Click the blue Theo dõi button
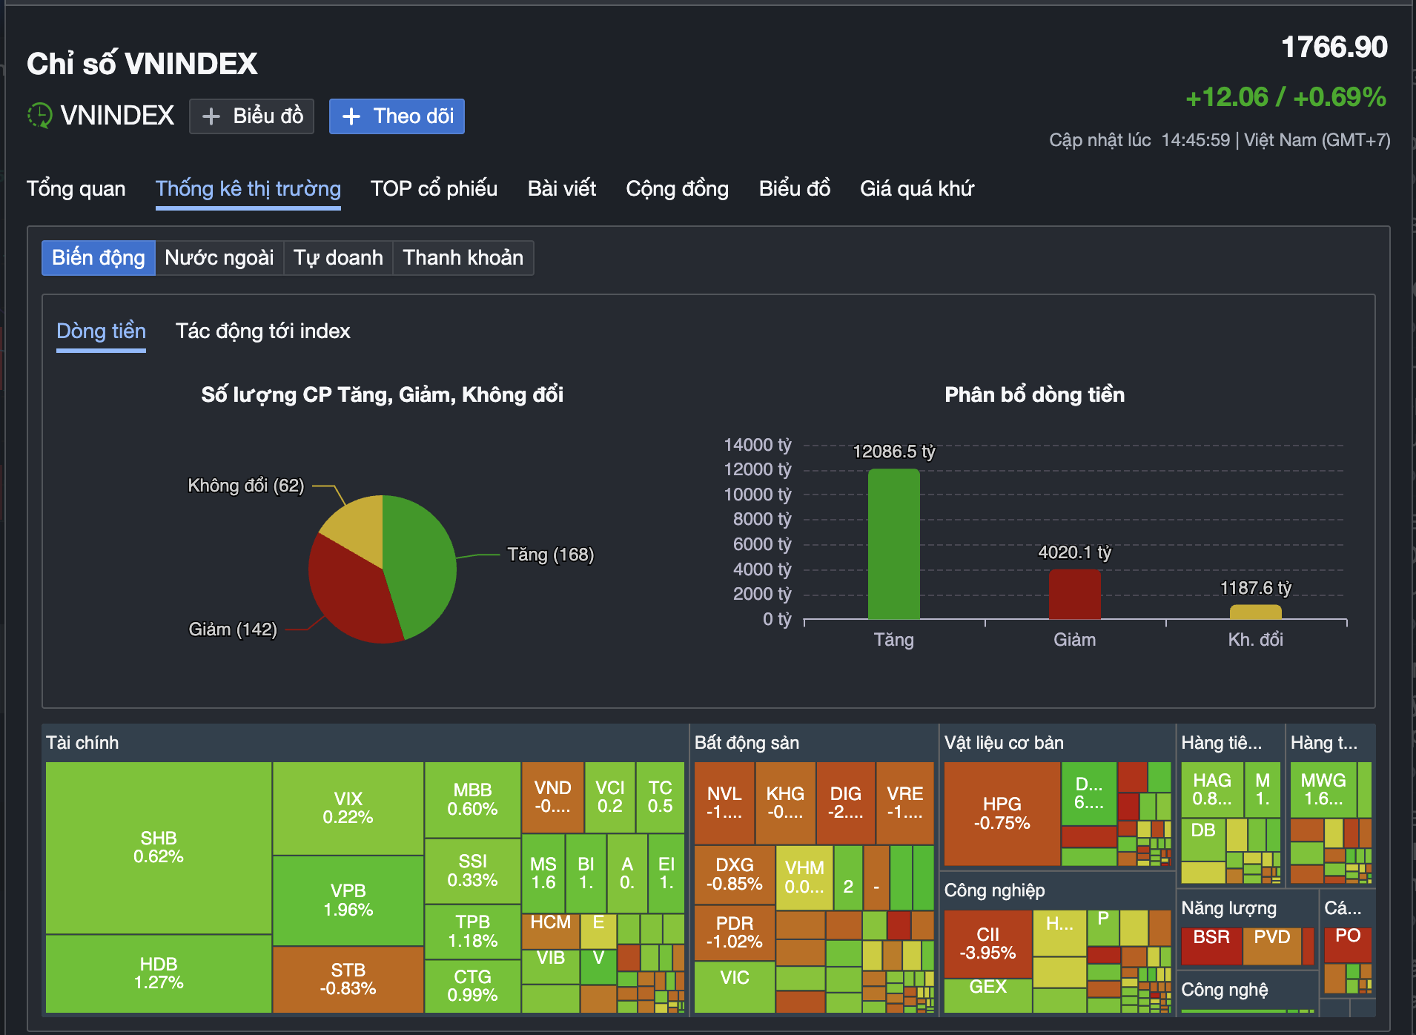[397, 116]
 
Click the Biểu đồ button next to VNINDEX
[251, 116]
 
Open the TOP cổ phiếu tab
[434, 188]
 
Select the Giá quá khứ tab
[916, 188]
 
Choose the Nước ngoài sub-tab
[219, 258]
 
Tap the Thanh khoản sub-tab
[463, 258]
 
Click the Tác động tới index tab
[262, 331]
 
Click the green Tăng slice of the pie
[423, 563]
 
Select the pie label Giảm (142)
[233, 629]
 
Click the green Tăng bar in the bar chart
[893, 545]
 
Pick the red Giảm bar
[1074, 594]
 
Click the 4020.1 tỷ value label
[1074, 552]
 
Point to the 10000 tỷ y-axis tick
[757, 495]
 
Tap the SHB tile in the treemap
[158, 847]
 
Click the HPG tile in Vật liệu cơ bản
[1002, 813]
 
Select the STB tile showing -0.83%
[348, 979]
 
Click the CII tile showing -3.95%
[987, 943]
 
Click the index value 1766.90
[1334, 47]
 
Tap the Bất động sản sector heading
[747, 743]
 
